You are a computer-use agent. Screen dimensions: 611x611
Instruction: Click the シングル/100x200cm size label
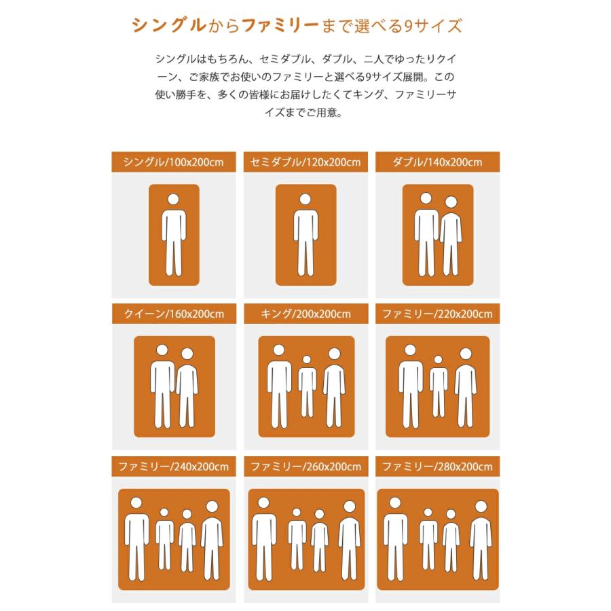[x=174, y=162]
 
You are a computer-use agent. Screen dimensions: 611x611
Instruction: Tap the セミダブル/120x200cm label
[x=305, y=162]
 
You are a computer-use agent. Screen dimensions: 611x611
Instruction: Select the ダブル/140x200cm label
[x=437, y=162]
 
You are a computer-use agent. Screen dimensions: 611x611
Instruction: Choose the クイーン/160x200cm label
[x=174, y=314]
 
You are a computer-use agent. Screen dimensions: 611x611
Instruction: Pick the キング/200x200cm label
[x=305, y=314]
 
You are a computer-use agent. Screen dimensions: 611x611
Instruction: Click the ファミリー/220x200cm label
[x=437, y=314]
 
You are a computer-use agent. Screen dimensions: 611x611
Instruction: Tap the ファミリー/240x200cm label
[x=174, y=467]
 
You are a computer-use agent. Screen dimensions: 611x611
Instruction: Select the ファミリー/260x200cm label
[x=305, y=467]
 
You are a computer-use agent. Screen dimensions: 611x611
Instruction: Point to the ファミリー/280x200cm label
[x=437, y=467]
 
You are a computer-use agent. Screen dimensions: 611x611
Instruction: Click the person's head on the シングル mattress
[x=174, y=200]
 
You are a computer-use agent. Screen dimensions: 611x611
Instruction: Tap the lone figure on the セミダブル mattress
[x=305, y=234]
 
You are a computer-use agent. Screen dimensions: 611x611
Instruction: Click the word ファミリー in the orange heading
[x=280, y=26]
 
